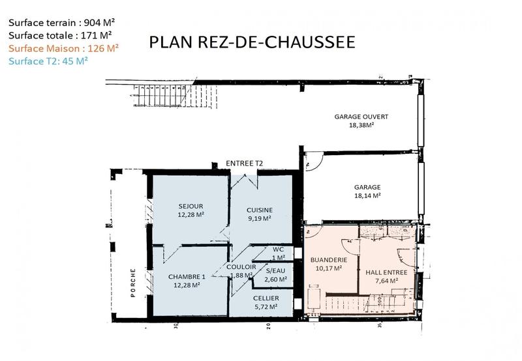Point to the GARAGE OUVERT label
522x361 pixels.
(361, 117)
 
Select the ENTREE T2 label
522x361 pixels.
(244, 163)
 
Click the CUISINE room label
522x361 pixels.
(259, 209)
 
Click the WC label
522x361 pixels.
(277, 249)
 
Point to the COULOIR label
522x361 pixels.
(241, 267)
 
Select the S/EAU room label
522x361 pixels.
(277, 270)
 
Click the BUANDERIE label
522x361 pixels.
(328, 259)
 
